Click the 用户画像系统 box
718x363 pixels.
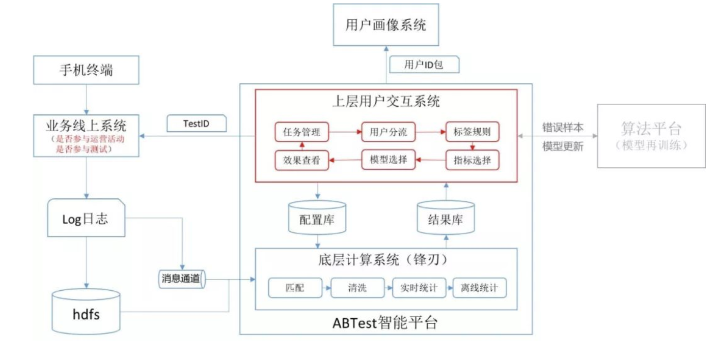click(385, 24)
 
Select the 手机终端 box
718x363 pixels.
click(86, 70)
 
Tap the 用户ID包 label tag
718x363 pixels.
click(424, 65)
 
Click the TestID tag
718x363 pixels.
click(197, 124)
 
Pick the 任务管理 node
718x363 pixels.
click(301, 132)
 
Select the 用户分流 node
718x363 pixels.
click(388, 132)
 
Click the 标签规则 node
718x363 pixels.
click(472, 132)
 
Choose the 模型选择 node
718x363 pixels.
click(388, 160)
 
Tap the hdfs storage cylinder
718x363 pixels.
click(86, 312)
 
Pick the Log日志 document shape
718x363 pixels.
click(86, 219)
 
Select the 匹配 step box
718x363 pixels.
click(295, 288)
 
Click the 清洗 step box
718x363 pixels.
click(356, 288)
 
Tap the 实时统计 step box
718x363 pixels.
click(419, 288)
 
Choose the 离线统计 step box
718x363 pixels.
click(480, 288)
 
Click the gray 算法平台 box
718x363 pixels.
click(651, 136)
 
